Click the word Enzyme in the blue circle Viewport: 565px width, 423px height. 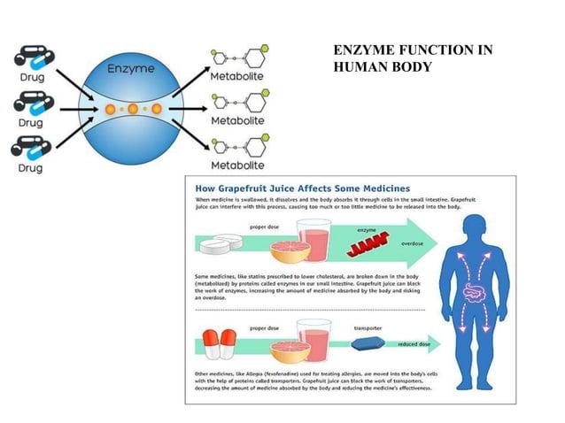[131, 68]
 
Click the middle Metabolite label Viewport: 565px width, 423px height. [236, 119]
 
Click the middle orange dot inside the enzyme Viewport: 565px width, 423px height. [132, 110]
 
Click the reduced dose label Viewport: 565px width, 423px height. [414, 342]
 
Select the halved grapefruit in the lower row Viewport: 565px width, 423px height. [283, 351]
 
